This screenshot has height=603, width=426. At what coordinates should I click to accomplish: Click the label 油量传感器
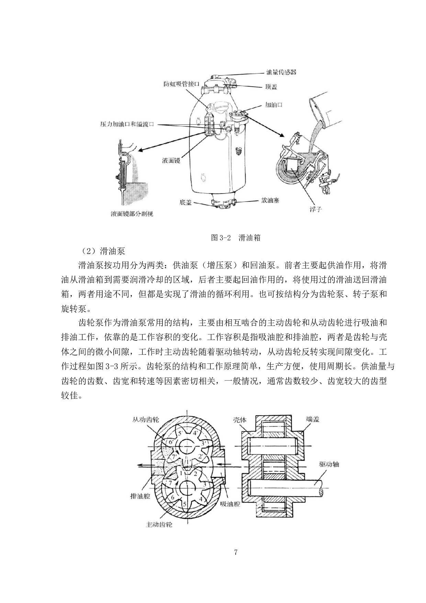pos(281,72)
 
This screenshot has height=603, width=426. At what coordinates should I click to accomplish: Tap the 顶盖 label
pos(271,87)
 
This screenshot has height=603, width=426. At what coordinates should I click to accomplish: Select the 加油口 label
pos(274,105)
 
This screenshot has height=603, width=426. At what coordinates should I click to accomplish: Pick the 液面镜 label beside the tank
pos(171,160)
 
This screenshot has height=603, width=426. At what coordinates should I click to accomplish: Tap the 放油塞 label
pos(270,200)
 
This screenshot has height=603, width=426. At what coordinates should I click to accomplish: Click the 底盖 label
pos(186,202)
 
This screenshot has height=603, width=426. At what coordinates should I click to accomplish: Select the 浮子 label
pos(315,209)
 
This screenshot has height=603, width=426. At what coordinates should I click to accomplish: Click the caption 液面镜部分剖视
pos(132,214)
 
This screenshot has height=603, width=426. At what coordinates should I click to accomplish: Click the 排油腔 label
pos(140,496)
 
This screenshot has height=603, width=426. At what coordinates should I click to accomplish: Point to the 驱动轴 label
pos(329,464)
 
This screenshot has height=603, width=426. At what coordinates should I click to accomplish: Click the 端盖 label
pos(313,419)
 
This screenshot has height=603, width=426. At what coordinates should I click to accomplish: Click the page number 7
pos(235,553)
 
